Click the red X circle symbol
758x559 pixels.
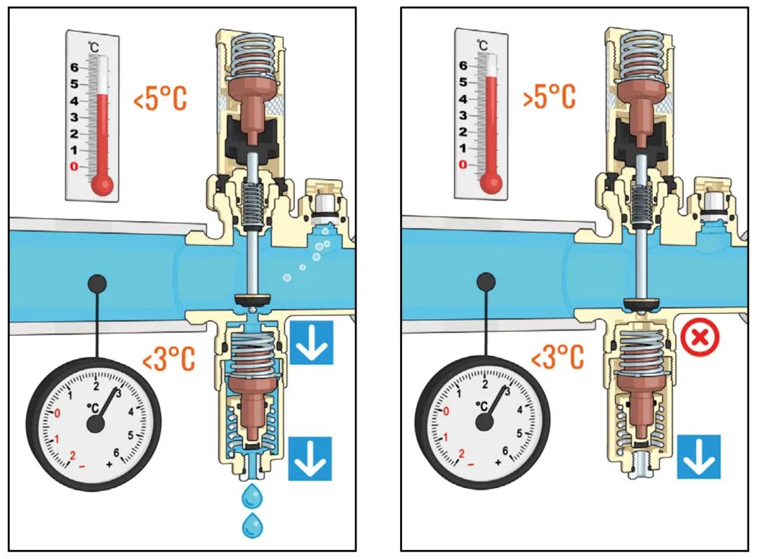point(700,337)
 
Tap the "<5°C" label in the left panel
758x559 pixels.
point(160,99)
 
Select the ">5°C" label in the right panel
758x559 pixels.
point(550,97)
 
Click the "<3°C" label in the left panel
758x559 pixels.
point(168,358)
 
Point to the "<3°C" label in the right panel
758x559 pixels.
point(557,357)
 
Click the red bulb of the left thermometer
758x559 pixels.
point(102,184)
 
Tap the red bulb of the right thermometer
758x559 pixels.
point(491,183)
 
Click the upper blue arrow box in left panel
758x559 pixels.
point(312,343)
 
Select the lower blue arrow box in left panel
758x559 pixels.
point(310,459)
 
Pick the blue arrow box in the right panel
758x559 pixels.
point(698,456)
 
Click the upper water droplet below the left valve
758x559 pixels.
point(251,496)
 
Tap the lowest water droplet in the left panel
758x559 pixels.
point(252,525)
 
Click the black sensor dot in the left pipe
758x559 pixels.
point(98,284)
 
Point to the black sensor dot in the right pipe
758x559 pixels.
point(486,282)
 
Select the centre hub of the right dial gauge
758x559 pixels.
point(484,422)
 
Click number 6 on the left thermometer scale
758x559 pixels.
point(74,67)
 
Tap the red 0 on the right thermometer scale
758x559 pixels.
point(463,164)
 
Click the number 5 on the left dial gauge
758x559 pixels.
point(131,435)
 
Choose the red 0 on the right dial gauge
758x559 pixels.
point(446,411)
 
